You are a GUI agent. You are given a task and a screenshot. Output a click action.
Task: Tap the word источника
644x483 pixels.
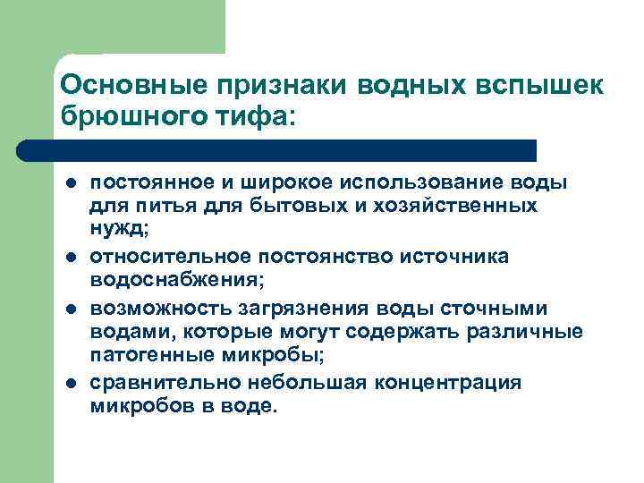tap(458, 258)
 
